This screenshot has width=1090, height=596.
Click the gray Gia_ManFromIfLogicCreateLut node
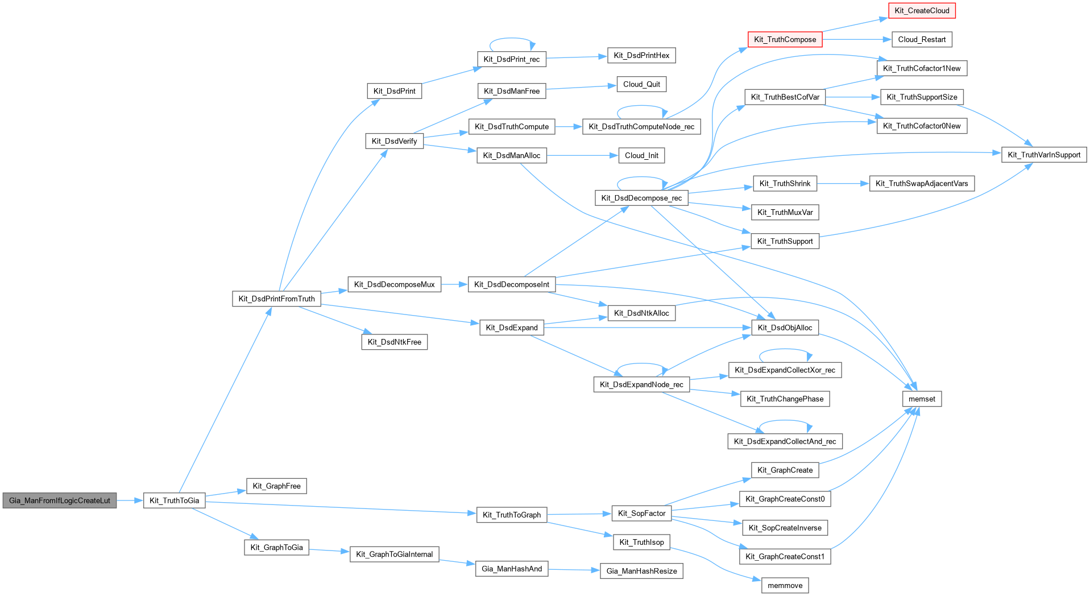tap(60, 500)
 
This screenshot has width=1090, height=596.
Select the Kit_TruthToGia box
tap(174, 500)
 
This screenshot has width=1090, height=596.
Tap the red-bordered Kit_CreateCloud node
tap(922, 11)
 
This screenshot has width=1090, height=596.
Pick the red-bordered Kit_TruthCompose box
tap(785, 39)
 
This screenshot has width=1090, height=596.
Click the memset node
tap(922, 399)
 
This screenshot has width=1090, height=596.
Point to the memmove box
tap(785, 585)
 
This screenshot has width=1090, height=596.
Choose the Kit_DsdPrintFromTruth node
tap(276, 299)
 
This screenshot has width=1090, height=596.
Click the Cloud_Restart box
tap(922, 39)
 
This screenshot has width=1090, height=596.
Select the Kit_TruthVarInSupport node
tap(1044, 155)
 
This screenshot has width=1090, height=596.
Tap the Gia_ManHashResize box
tap(641, 571)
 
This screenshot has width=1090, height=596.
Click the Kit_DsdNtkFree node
tap(394, 342)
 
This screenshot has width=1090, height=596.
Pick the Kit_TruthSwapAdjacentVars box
tap(922, 183)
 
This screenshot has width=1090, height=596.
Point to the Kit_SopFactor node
tap(641, 514)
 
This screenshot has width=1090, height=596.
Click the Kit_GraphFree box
tap(276, 486)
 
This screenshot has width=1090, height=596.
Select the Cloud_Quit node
tap(641, 84)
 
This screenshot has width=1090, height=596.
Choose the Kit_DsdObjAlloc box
tap(785, 328)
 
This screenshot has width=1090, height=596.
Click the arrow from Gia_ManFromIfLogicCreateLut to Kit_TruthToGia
tap(130, 500)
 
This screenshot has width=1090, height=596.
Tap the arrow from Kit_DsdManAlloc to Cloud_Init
tap(582, 155)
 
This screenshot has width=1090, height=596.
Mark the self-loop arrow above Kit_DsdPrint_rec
tap(512, 39)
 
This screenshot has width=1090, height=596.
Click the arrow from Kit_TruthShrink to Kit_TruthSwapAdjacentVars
tap(843, 183)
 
